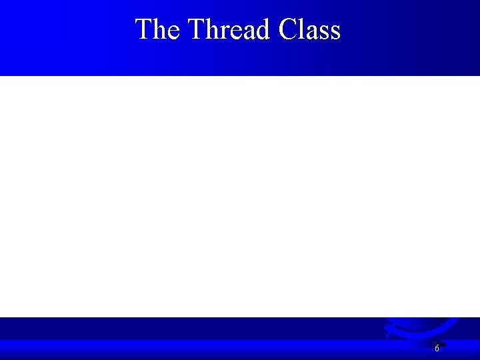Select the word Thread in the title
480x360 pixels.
point(229,29)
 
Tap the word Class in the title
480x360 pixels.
point(309,29)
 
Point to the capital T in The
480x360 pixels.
point(143,29)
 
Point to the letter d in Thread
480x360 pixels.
point(263,29)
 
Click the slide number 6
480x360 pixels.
point(437,348)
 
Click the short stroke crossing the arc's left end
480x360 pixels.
point(389,332)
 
